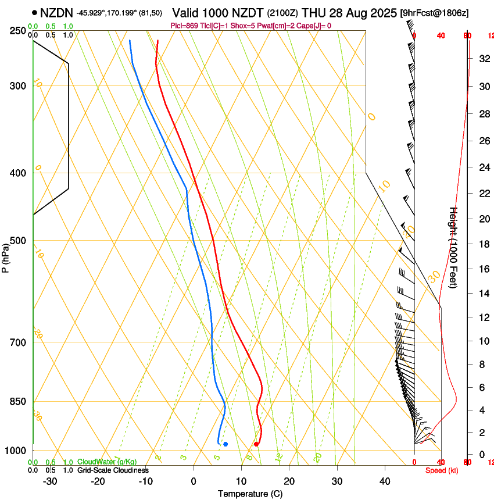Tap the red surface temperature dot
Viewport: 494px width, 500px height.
[x=256, y=444]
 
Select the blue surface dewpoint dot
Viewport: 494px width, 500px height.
[x=225, y=444]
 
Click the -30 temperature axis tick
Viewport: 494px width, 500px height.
[x=50, y=481]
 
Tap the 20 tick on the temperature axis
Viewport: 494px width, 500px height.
[x=289, y=481]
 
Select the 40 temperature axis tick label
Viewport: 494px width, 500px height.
[x=385, y=481]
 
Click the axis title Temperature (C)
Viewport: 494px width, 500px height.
[x=250, y=494]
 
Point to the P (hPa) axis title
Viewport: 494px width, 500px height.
[x=6, y=257]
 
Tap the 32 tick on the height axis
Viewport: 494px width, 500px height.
[x=482, y=59]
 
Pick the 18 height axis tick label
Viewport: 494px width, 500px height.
[x=482, y=244]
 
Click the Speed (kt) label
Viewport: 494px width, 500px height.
[x=442, y=470]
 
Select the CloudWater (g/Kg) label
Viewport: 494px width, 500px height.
[x=107, y=462]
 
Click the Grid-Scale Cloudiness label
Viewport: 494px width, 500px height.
[x=113, y=470]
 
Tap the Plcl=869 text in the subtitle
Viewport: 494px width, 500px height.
[x=185, y=26]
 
